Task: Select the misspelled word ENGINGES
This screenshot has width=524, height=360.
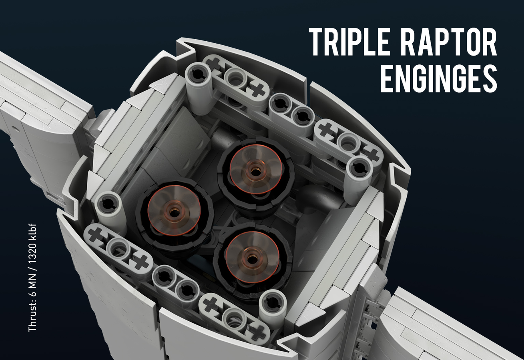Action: pyautogui.click(x=439, y=78)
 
